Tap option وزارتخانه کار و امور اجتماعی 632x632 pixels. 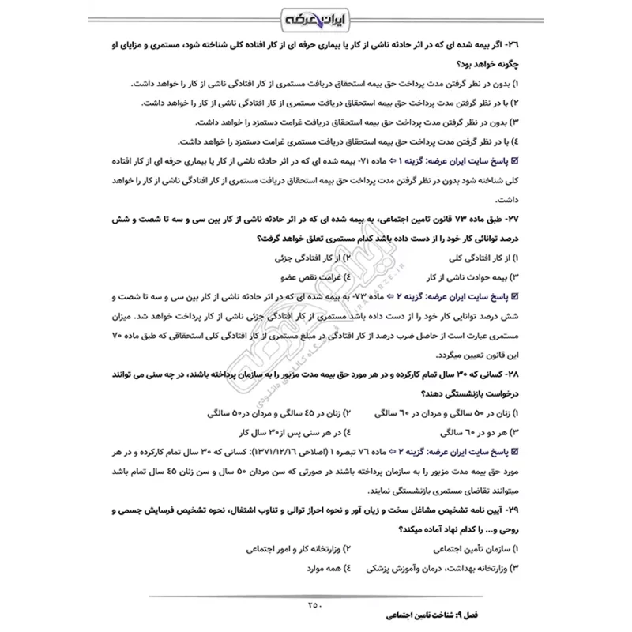pyautogui.click(x=285, y=548)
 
